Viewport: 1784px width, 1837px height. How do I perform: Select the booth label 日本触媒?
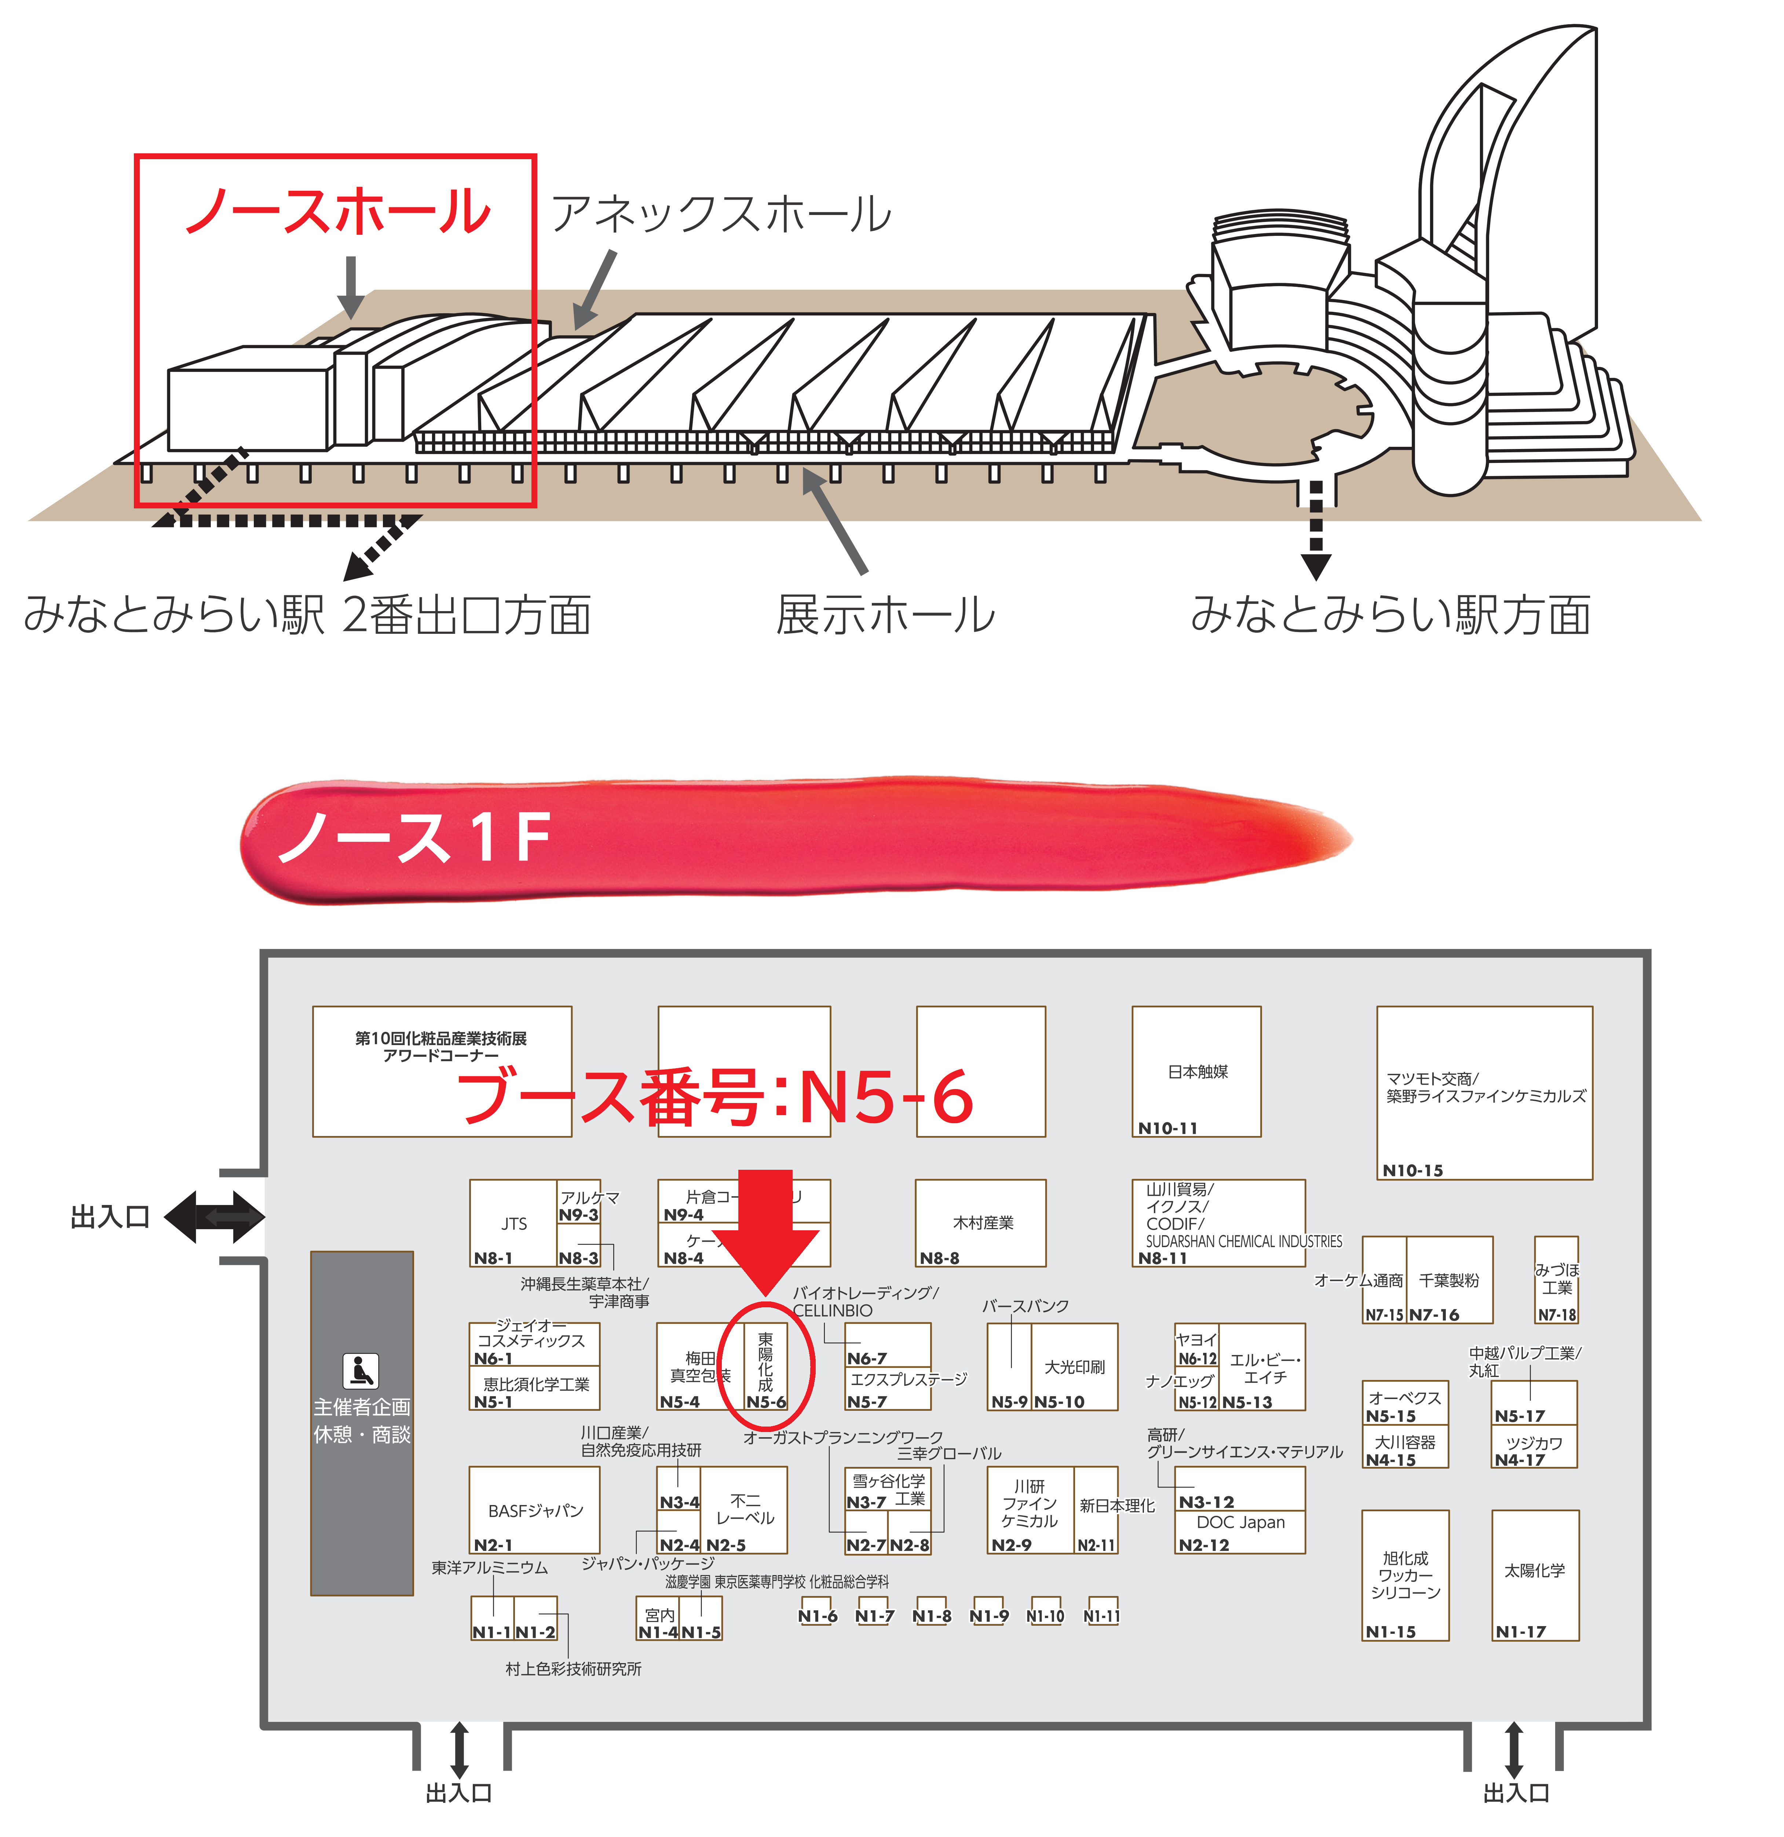(x=1198, y=1071)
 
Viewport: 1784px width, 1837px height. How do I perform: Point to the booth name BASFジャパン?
(x=535, y=1511)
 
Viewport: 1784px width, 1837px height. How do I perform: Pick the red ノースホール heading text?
(x=337, y=211)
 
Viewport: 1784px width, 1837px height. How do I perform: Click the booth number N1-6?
(x=817, y=1616)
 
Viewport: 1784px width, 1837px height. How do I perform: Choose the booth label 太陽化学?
(x=1534, y=1570)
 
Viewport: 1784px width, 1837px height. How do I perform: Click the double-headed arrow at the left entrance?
(x=215, y=1217)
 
